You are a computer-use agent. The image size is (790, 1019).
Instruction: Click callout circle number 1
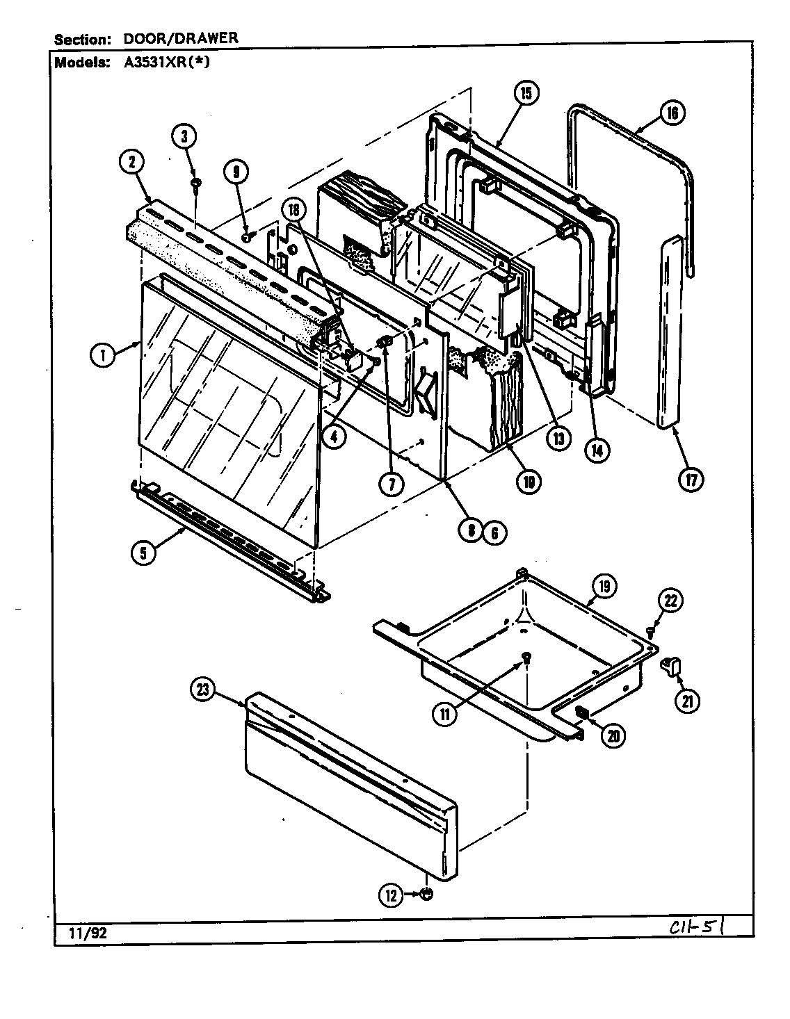[102, 356]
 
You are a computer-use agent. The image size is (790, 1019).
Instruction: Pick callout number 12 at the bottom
[391, 896]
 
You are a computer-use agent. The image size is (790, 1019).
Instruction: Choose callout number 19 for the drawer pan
[604, 587]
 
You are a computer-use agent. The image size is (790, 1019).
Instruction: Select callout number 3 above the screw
[184, 136]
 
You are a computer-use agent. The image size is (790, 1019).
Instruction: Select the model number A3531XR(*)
[168, 61]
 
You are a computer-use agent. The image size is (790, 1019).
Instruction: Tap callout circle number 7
[392, 484]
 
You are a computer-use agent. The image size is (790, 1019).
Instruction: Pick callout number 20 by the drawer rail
[612, 736]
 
